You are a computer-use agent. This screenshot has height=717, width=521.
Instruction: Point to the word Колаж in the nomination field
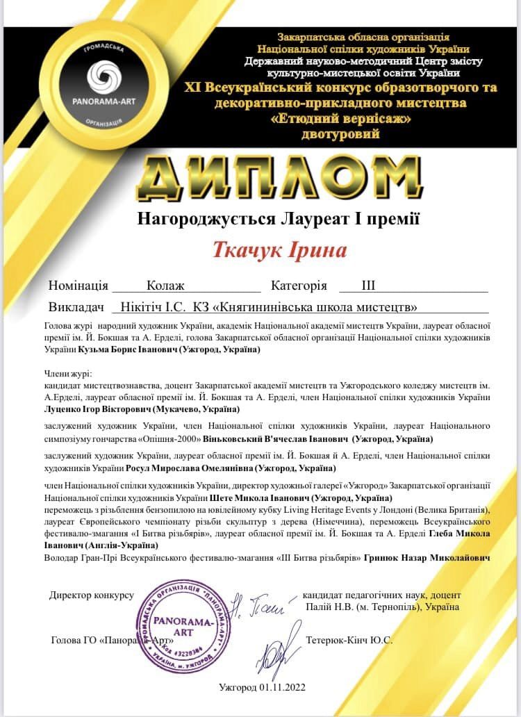(x=165, y=286)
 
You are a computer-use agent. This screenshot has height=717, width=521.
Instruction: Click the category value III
(x=368, y=286)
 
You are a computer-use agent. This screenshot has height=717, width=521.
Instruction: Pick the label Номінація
(x=78, y=286)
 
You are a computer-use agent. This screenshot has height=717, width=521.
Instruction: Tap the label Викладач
(x=76, y=306)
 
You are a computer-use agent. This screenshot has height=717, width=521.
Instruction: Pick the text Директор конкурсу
(x=91, y=595)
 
